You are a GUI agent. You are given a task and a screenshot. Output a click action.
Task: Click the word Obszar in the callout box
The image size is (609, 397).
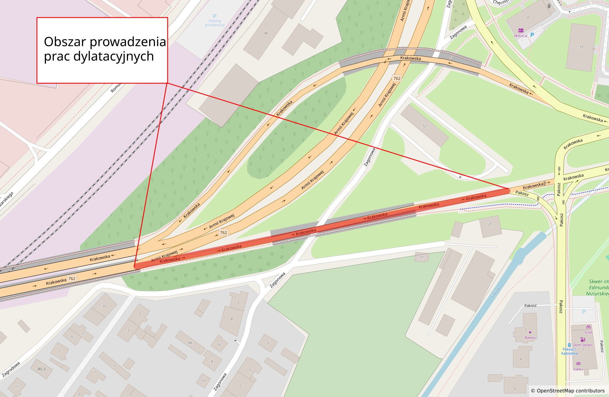(65, 42)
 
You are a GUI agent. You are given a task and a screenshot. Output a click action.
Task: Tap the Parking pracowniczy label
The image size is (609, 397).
(214, 23)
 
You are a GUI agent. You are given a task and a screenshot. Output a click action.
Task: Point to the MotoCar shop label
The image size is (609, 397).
(520, 36)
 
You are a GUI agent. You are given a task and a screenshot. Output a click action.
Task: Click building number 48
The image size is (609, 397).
(266, 33)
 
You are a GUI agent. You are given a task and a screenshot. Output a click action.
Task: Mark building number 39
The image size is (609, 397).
(581, 47)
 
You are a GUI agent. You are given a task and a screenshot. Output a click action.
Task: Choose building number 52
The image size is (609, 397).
(424, 126)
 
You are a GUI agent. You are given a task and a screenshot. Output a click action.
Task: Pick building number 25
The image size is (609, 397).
(490, 224)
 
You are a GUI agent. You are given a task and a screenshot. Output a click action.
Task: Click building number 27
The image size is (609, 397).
(421, 257)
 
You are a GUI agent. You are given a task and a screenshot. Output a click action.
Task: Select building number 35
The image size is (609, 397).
(104, 306)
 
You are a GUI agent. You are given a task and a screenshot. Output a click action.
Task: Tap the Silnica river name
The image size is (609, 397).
(495, 293)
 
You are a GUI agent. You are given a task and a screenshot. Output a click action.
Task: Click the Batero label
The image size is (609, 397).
(530, 338)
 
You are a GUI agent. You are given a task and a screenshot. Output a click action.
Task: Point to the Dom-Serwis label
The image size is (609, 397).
(583, 345)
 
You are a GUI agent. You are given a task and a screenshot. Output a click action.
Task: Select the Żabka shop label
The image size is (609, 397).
(578, 369)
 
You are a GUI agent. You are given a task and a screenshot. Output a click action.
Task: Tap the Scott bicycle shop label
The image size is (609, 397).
(588, 332)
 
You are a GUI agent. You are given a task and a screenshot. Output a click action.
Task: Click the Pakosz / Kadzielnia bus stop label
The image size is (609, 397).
(569, 351)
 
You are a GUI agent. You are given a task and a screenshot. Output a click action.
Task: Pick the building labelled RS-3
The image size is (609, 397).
(42, 369)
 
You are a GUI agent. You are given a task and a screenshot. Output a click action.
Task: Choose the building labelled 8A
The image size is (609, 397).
(190, 343)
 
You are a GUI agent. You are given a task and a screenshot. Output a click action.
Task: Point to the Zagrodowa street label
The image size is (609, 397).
(11, 369)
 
